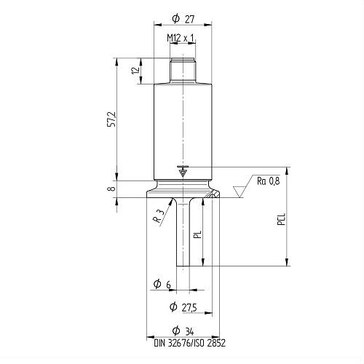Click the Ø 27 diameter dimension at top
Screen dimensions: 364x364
183,19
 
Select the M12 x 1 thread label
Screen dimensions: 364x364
181,38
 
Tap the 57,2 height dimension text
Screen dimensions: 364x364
112,119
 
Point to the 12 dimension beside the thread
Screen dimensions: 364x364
136,70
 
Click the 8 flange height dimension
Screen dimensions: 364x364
111,188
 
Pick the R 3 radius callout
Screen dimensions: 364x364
159,216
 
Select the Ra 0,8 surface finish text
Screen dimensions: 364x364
269,181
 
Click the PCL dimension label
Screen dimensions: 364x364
281,219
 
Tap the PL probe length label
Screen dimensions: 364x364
198,234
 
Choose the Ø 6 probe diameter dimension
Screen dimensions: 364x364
162,284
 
